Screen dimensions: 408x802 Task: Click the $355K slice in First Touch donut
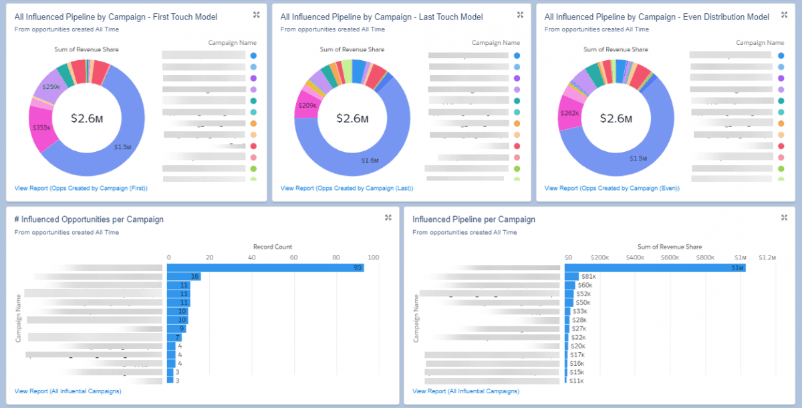point(41,127)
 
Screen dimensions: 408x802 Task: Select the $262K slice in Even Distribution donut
point(571,113)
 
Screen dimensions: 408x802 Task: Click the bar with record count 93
point(264,268)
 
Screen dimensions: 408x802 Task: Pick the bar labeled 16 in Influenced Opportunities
point(183,276)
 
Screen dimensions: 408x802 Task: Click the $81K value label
point(589,276)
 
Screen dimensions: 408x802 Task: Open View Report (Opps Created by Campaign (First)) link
point(80,189)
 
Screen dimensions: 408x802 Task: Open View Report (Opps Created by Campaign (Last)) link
point(346,189)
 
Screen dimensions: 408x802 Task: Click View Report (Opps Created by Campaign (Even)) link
point(612,189)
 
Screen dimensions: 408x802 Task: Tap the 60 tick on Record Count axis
point(293,258)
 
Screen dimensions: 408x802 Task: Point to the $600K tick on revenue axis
point(670,258)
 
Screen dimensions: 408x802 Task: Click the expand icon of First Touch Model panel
point(257,15)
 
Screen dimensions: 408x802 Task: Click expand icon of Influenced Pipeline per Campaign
point(785,217)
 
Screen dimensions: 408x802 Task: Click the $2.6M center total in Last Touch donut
point(352,118)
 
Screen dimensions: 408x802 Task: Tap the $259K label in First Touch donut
point(51,87)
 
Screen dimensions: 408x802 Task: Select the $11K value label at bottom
point(576,381)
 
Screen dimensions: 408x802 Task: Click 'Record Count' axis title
point(273,247)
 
